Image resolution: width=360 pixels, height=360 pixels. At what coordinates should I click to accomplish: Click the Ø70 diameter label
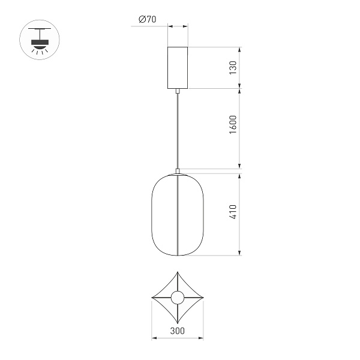click(x=147, y=19)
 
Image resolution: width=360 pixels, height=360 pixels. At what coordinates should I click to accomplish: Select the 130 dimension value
click(x=233, y=67)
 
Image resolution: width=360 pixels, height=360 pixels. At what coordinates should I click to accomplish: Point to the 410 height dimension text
click(x=233, y=214)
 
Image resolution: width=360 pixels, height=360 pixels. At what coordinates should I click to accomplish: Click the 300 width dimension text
click(x=177, y=331)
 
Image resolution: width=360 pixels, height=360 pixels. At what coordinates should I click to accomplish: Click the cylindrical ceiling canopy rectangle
click(x=178, y=67)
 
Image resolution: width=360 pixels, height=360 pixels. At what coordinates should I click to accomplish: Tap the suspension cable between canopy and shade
click(x=178, y=129)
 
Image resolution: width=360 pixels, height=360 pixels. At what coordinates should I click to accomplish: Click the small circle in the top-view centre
click(x=178, y=297)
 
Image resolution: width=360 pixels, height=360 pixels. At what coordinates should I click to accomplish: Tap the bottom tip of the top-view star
click(x=178, y=323)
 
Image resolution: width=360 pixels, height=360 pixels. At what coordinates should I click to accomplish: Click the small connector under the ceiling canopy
click(x=178, y=91)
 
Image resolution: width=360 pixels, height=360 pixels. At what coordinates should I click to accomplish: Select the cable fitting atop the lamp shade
click(x=178, y=170)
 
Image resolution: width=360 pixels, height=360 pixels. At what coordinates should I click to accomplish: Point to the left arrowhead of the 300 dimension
click(x=153, y=338)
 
